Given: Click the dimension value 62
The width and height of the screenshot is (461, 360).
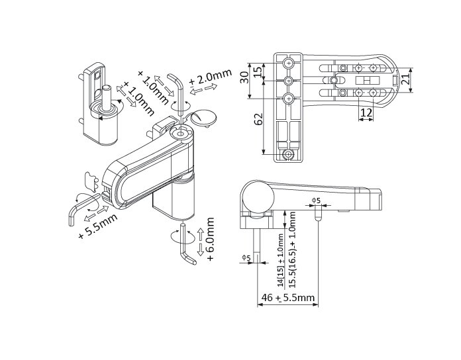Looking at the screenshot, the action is pos(259,119).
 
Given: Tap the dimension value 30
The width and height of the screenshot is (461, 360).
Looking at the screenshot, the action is pos(244,77).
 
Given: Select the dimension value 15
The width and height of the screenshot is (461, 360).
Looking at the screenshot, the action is pos(257,71).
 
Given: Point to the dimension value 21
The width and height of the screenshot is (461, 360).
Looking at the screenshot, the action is pos(406,79).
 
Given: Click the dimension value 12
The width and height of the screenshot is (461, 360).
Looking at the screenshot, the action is pos(366,112).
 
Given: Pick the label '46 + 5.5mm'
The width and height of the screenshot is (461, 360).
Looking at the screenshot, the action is pos(288,297).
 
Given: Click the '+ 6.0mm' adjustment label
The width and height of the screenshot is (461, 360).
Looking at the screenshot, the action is pos(210,240).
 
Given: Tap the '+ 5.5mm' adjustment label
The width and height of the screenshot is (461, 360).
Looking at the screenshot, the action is pos(98,226).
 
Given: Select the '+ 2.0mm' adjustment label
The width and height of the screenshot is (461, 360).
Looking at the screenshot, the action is pos(211,77).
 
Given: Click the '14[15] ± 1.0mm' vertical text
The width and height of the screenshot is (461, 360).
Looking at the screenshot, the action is pos(281,260).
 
